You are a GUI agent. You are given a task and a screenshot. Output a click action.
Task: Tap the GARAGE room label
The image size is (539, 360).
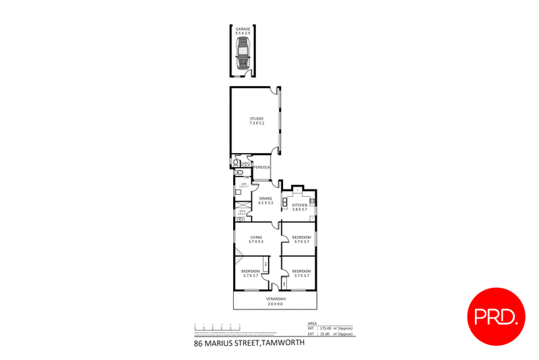pyautogui.click(x=243, y=29)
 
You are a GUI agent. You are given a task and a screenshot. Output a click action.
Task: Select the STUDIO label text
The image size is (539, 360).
pyautogui.click(x=256, y=119)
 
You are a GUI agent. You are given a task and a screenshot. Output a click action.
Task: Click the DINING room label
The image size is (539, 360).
pyautogui.click(x=265, y=198)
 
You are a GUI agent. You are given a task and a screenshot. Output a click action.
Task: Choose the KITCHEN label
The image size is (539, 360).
pyautogui.click(x=300, y=205)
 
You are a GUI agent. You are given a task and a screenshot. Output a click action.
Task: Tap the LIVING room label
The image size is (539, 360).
pyautogui.click(x=255, y=237)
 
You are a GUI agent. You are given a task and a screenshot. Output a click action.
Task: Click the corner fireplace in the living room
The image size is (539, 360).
pyautogui.click(x=239, y=260)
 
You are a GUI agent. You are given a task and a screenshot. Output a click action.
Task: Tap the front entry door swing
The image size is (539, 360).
pyautogui.click(x=275, y=286)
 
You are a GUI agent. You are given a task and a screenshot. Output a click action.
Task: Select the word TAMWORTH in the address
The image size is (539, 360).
pyautogui.click(x=278, y=343)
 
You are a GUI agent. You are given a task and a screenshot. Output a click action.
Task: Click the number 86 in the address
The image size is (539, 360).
pyautogui.click(x=198, y=343)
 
